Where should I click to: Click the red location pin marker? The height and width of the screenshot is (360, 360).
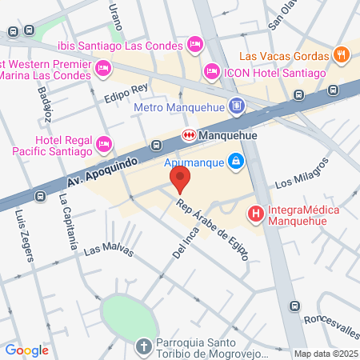(181, 178)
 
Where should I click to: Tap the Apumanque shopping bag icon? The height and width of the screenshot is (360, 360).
(235, 162)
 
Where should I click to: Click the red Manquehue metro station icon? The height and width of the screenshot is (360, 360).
(190, 134)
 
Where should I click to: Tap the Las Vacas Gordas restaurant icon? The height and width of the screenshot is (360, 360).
(342, 56)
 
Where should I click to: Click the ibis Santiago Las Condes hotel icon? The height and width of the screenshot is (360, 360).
(194, 42)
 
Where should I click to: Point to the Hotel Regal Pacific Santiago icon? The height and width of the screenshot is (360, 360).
(103, 145)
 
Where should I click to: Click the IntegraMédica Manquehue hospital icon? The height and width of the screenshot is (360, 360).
(255, 214)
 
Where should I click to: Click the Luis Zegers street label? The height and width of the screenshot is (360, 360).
(25, 236)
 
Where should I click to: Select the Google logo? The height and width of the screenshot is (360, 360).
(26, 350)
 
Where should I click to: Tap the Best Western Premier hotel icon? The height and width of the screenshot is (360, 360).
(103, 70)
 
